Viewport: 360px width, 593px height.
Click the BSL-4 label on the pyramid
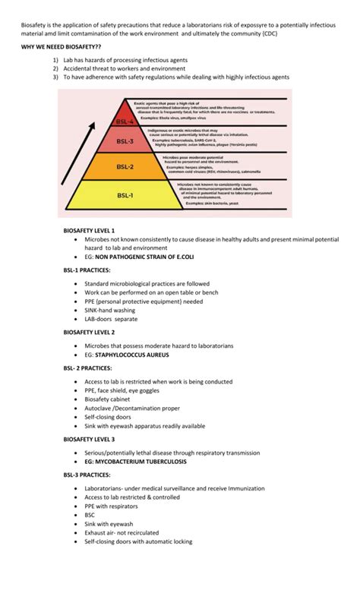point(124,121)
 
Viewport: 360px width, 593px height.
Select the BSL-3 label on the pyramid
point(124,141)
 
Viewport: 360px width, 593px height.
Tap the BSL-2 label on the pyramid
point(125,166)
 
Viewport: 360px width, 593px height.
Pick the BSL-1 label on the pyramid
point(125,196)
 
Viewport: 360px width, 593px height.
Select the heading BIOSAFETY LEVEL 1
point(89,229)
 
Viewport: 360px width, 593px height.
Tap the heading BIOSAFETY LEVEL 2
point(89,332)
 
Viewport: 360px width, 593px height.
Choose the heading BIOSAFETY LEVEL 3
point(89,439)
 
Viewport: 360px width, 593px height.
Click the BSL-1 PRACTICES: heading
point(87,270)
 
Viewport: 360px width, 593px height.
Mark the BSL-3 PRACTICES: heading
point(87,475)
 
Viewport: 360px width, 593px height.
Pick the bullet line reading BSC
point(90,515)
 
